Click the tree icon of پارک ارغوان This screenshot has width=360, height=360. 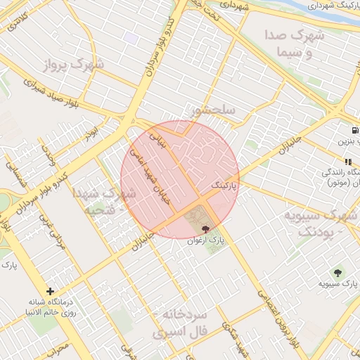click(x=205, y=229)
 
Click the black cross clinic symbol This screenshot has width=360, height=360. click(x=50, y=290)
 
